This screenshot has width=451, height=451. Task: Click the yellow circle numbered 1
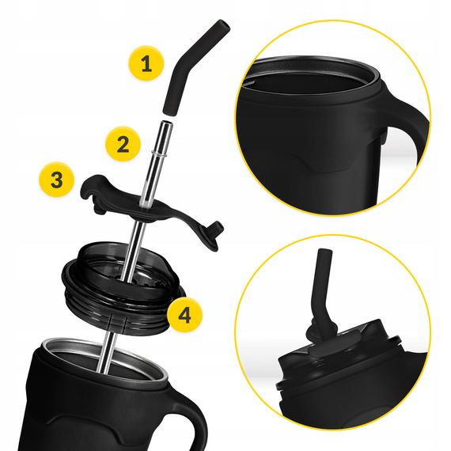click(145, 64)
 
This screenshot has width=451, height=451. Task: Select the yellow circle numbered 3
click(55, 180)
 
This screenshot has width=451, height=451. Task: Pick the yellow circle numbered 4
click(184, 315)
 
